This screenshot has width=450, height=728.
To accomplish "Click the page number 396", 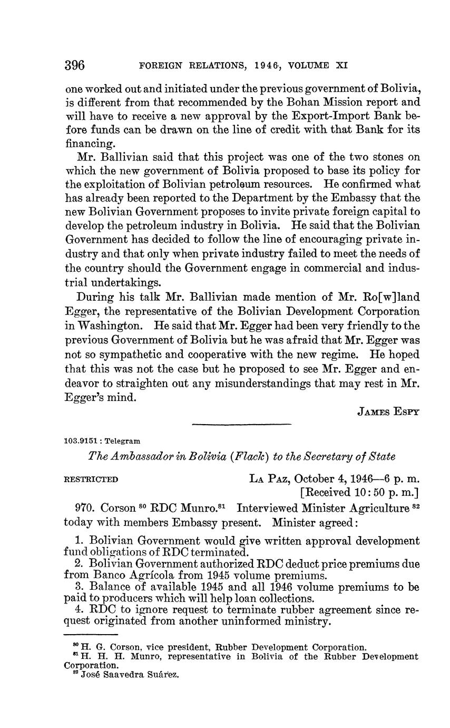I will (75, 65).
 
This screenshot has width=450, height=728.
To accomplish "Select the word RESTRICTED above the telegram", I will (91, 480).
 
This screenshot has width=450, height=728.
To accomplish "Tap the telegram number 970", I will (85, 509).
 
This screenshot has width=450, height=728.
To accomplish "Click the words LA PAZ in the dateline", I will (269, 479).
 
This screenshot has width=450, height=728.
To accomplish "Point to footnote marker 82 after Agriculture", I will (415, 506).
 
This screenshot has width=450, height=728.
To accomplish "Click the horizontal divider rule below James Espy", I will (241, 424).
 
